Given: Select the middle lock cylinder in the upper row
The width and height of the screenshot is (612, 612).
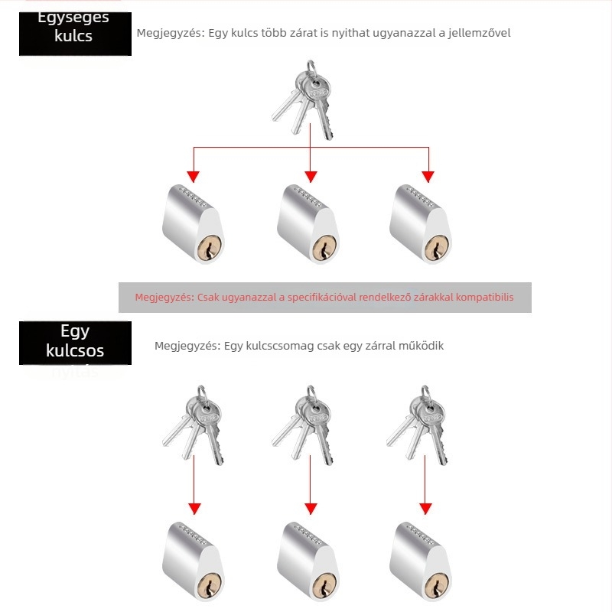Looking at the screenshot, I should pyautogui.click(x=308, y=223).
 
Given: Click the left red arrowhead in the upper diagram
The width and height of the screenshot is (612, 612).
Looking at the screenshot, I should pyautogui.click(x=194, y=176).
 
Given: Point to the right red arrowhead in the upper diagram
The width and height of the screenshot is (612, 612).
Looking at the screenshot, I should pyautogui.click(x=428, y=176).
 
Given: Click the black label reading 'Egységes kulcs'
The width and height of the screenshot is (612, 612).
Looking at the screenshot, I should pyautogui.click(x=75, y=33).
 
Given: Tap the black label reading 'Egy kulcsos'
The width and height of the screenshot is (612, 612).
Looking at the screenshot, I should pyautogui.click(x=75, y=342).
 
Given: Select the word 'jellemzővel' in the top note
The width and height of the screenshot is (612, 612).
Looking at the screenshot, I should pyautogui.click(x=479, y=33).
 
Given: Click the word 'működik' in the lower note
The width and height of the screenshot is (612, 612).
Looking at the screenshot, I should pyautogui.click(x=421, y=346).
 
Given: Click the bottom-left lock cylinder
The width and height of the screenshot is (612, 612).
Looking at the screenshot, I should pyautogui.click(x=195, y=561).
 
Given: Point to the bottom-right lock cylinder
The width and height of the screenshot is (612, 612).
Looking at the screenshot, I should pyautogui.click(x=421, y=561).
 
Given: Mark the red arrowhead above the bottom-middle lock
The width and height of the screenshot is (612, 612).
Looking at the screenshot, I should pyautogui.click(x=311, y=509).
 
